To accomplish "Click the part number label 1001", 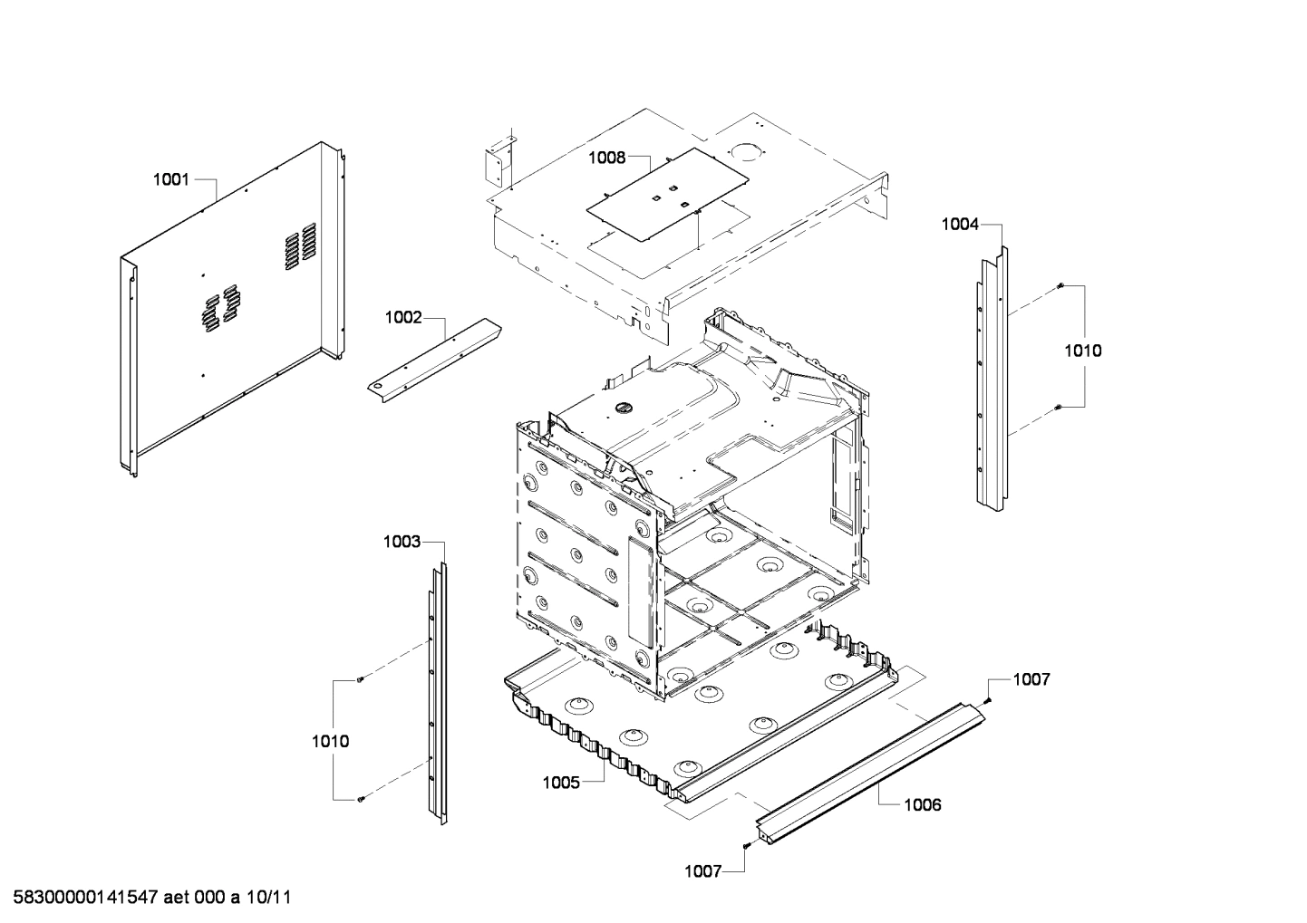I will coord(170,179).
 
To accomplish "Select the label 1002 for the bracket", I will coord(403,317).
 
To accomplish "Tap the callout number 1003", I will coord(402,542).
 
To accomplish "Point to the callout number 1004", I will coord(960,224).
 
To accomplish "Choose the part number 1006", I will coord(923,804).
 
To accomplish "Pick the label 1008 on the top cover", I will coord(606,158).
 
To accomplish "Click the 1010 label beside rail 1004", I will coord(1083,351).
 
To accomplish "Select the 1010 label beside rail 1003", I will coord(331,741).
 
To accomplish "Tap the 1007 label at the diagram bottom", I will coord(702,871).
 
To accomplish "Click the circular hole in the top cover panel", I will coord(745,151).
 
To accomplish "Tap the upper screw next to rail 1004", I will coord(1059,287).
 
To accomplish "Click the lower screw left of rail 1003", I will coord(360,799).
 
